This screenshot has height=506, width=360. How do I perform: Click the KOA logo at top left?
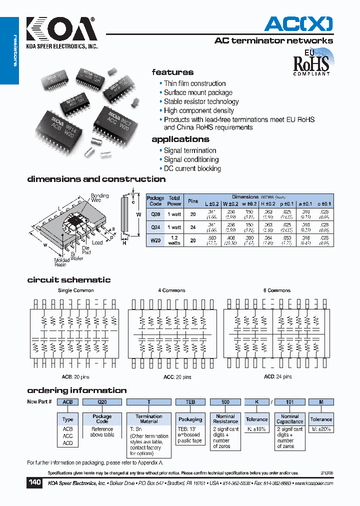tap(61, 31)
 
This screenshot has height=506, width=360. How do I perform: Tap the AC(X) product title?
tap(298, 23)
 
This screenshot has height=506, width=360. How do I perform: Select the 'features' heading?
tap(172, 72)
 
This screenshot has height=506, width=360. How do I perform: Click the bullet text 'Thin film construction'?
tap(194, 83)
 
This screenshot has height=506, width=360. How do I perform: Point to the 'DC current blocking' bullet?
tap(192, 168)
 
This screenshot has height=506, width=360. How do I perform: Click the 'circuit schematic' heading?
tap(69, 280)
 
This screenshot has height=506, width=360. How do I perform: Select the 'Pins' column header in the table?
tap(193, 200)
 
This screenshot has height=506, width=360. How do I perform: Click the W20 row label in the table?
tap(155, 239)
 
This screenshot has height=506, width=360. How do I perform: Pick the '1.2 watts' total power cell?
tap(174, 239)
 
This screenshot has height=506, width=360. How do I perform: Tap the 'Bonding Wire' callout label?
tap(99, 198)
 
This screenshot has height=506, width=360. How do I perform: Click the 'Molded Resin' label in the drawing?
tap(62, 262)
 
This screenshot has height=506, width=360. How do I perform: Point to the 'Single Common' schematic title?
tap(76, 290)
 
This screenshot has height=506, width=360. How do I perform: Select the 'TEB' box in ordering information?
tap(190, 402)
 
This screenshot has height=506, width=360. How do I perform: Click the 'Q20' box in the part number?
tap(102, 402)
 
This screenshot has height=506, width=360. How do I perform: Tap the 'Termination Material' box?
tap(148, 419)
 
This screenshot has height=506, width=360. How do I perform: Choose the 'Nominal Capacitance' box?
tap(290, 419)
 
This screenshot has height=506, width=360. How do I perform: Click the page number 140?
tap(35, 483)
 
